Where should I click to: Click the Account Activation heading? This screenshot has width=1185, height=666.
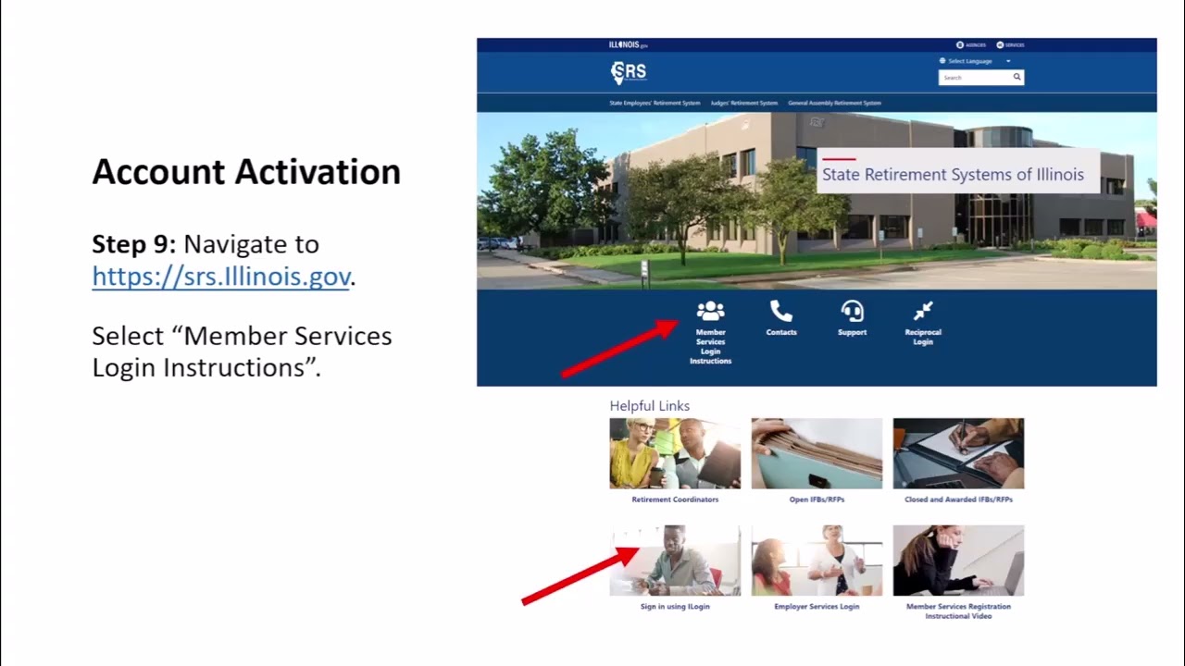click(x=246, y=172)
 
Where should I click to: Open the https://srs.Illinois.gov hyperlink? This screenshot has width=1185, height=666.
click(x=220, y=276)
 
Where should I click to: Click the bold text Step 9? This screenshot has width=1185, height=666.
click(x=133, y=244)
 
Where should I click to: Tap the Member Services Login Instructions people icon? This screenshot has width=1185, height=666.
click(x=710, y=312)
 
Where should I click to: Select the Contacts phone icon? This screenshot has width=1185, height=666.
click(x=780, y=312)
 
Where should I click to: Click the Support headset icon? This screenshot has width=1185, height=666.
click(x=852, y=312)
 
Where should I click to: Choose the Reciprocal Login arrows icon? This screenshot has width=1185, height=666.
click(x=923, y=312)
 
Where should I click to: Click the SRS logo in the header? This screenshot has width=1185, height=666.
click(x=629, y=72)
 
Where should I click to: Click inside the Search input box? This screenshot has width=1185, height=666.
click(x=972, y=78)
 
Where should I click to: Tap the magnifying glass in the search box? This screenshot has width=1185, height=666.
click(x=1017, y=78)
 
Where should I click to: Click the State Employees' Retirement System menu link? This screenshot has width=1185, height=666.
click(x=655, y=104)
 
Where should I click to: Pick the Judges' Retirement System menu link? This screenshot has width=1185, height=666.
click(x=743, y=104)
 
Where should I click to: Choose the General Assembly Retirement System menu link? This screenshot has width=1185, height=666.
click(x=834, y=104)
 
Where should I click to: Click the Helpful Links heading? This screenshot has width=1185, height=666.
click(x=649, y=406)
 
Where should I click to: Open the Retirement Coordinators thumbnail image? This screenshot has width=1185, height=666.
click(x=675, y=453)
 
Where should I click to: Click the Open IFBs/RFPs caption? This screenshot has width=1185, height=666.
click(x=817, y=499)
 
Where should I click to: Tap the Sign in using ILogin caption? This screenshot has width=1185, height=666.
click(x=675, y=607)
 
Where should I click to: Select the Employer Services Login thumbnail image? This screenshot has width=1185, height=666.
click(x=817, y=561)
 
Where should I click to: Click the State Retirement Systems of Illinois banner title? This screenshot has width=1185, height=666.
click(x=953, y=175)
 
